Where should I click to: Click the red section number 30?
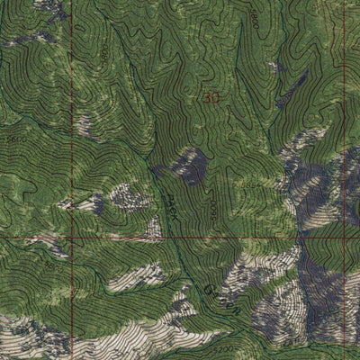coord(211,97)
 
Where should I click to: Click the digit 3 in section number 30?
coord(207,97)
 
